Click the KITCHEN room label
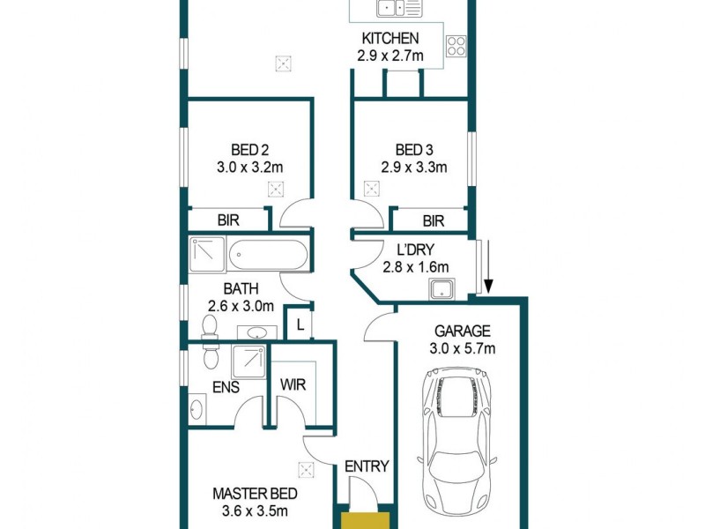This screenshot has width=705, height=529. [x=390, y=39]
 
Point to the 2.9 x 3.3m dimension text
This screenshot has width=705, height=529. [x=414, y=167]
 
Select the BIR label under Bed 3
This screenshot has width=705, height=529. [x=433, y=221]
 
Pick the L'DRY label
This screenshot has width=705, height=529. [x=417, y=250]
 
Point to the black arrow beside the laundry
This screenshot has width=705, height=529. [x=486, y=284]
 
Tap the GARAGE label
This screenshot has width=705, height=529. [x=462, y=332]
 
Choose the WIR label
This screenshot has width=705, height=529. [x=293, y=384]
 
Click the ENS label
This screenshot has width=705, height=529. [x=225, y=385]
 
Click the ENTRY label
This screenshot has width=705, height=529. [x=367, y=466]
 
